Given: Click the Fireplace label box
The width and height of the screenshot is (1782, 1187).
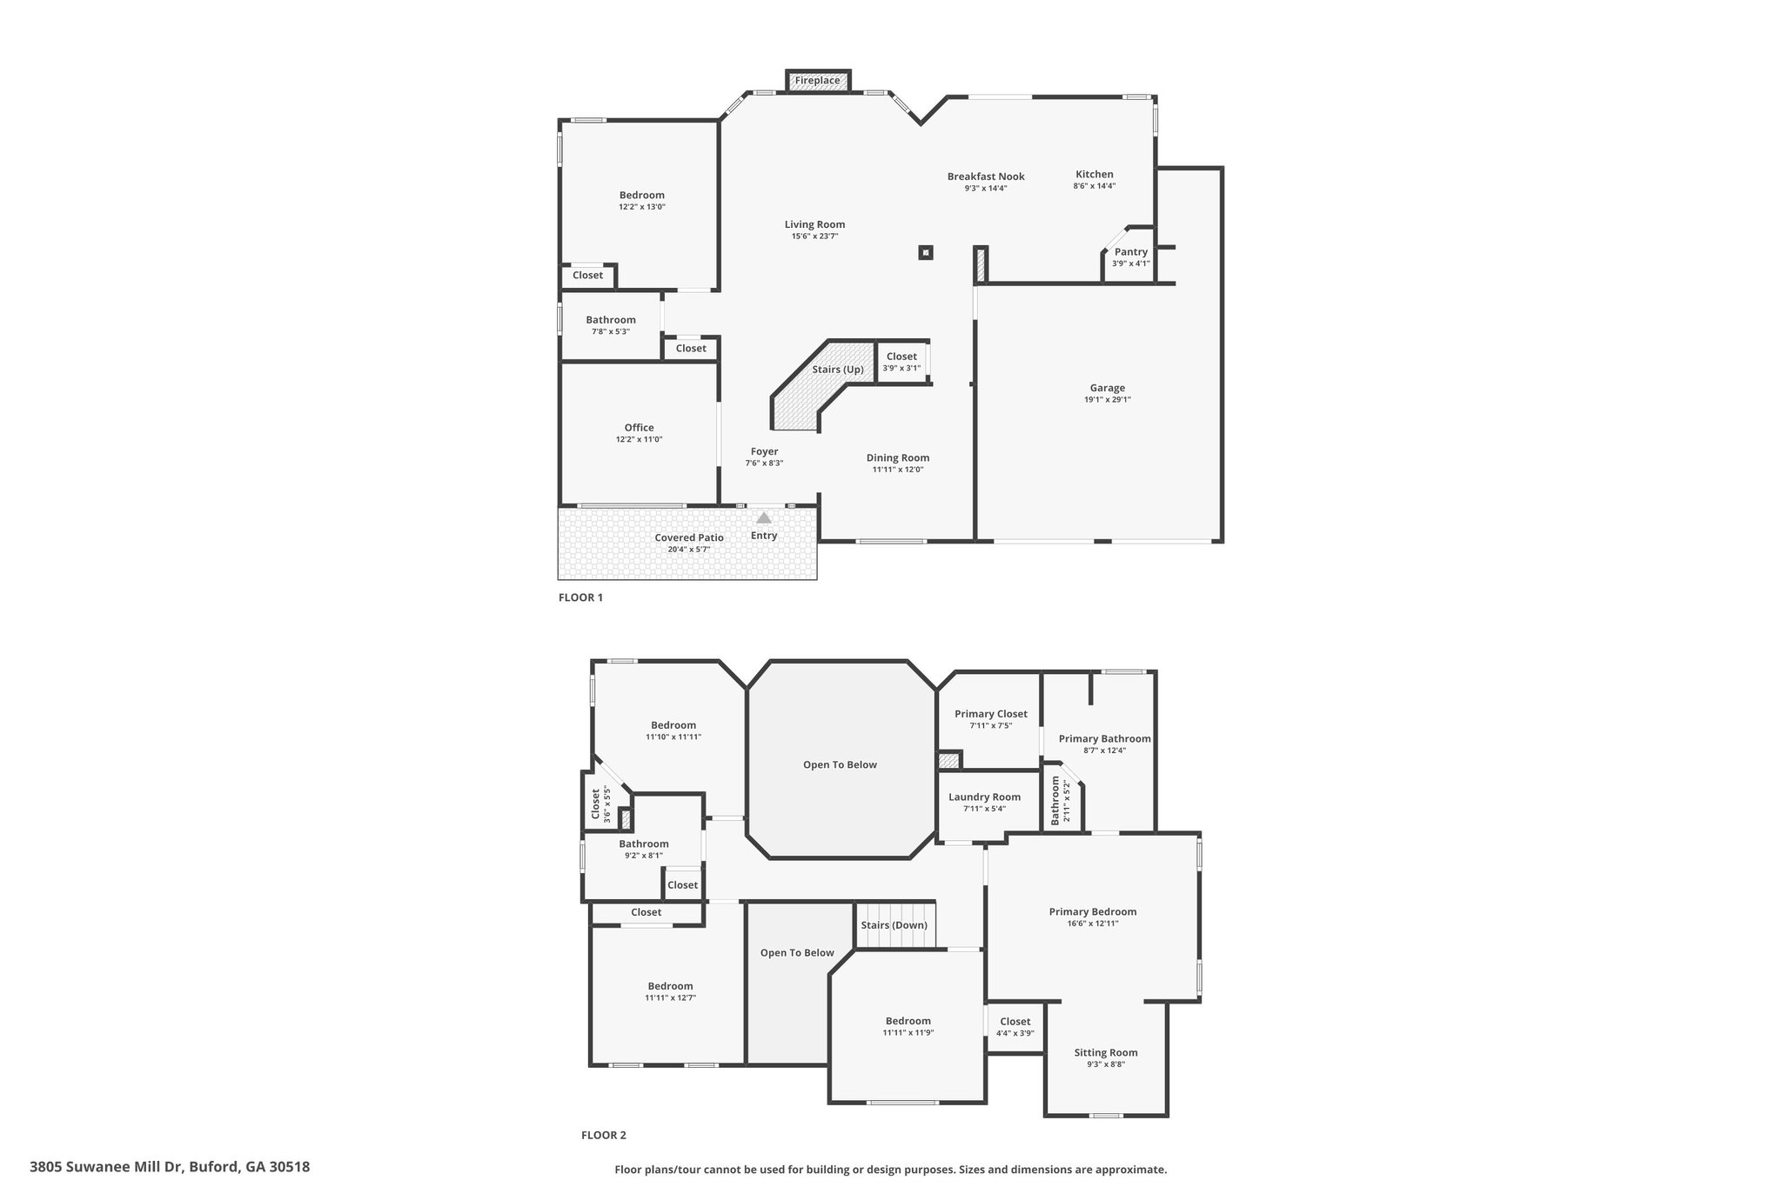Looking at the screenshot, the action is (x=818, y=81).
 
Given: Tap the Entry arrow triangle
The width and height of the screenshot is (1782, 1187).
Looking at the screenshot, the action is (x=764, y=517).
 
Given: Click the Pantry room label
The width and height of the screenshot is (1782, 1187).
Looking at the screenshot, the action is (x=1131, y=251).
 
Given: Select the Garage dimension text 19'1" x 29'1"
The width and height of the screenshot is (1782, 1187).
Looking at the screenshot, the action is (x=1108, y=400).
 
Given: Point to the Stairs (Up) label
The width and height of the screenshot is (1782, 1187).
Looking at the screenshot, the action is (x=838, y=370).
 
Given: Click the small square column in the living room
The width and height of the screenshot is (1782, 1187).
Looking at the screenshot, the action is (x=926, y=253).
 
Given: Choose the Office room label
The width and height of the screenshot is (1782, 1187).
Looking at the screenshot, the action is (x=639, y=427).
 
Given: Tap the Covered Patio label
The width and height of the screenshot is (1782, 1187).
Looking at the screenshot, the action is (x=689, y=537).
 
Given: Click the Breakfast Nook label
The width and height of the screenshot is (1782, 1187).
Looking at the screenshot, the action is (x=986, y=177).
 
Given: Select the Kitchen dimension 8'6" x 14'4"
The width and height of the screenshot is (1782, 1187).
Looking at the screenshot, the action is (x=1095, y=186).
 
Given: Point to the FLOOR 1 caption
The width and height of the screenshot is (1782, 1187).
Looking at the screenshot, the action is (x=580, y=597).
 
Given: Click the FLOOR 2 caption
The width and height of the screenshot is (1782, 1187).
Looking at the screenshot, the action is (x=604, y=1135).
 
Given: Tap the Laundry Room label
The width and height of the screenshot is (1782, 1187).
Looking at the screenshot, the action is (x=985, y=797).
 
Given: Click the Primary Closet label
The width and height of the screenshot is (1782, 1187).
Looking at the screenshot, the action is (x=991, y=714).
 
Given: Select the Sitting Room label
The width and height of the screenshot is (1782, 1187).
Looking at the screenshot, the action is (x=1106, y=1052).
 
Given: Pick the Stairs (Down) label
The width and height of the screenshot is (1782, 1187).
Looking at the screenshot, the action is (x=894, y=925).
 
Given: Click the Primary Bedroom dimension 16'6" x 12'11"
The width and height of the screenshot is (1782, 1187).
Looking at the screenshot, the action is (x=1093, y=924).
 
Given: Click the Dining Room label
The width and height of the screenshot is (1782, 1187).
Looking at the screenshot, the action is (x=898, y=458).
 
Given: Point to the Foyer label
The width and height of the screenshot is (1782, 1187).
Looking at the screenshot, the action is (x=765, y=451).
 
